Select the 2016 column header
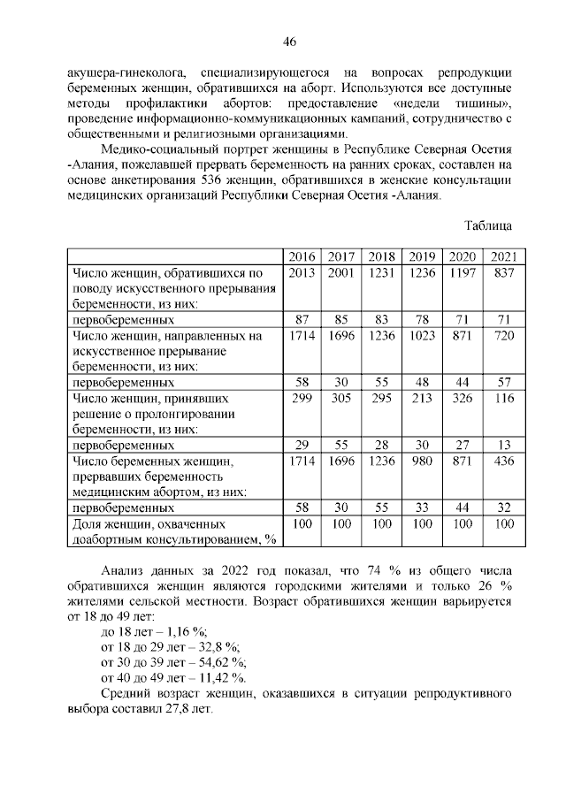click(x=302, y=256)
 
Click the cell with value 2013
click(x=302, y=272)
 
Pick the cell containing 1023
click(x=423, y=336)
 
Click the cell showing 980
click(x=423, y=462)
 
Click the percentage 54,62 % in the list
click(x=218, y=662)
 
